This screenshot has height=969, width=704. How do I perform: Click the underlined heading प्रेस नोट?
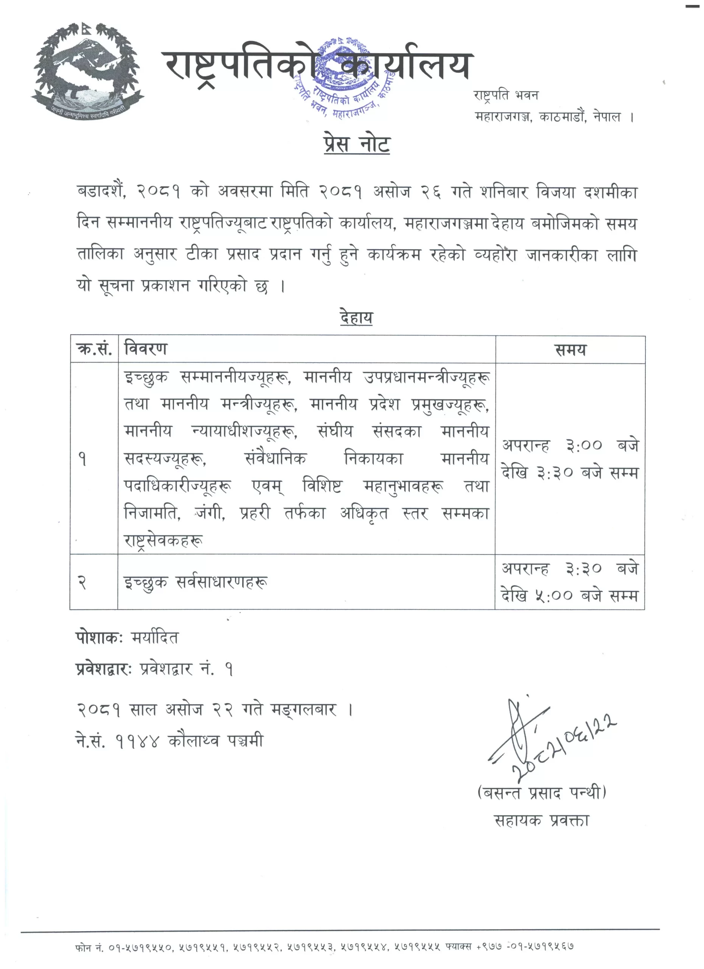356,145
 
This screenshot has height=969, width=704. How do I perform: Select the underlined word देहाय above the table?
356,318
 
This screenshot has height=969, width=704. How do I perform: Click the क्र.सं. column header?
94,349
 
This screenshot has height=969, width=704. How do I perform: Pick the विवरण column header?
145,349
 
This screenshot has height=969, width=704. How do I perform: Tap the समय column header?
570,350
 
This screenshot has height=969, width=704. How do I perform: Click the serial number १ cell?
83,459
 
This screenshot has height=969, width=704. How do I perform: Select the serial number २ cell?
82,582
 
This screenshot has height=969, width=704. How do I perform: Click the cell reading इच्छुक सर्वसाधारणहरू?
196,582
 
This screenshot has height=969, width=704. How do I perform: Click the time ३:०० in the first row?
583,446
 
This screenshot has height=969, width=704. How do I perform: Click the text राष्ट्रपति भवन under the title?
506,95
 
